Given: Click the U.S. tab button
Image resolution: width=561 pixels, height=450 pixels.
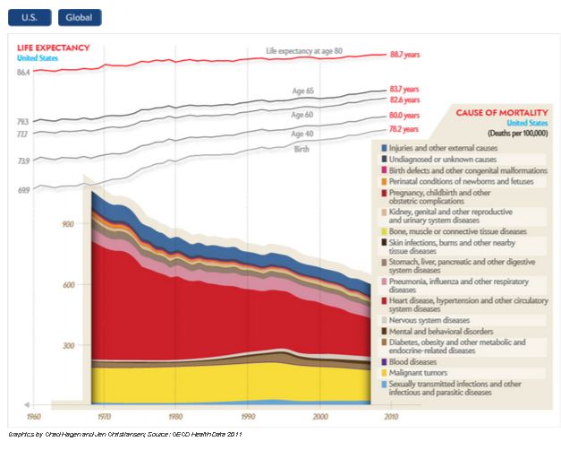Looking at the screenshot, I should (x=30, y=17).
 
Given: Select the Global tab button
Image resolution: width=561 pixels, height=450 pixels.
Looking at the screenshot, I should (x=79, y=17).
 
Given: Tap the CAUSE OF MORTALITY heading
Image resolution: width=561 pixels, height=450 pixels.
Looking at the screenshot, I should (x=501, y=113).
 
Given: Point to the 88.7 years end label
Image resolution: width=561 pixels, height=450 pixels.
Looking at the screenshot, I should (x=404, y=56).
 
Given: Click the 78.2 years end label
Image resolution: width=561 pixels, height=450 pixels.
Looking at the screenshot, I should (x=404, y=129).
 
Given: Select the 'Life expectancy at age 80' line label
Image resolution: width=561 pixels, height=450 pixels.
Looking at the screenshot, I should (x=304, y=50).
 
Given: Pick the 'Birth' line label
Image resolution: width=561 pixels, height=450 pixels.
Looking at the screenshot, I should (x=302, y=149).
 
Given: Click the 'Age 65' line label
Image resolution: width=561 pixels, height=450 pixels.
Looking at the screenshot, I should (x=303, y=91).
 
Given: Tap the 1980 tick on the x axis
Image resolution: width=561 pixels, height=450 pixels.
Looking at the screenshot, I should (x=176, y=418).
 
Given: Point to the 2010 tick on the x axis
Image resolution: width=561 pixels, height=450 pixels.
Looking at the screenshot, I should (x=391, y=418).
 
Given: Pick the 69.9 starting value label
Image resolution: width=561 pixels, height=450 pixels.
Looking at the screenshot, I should (x=23, y=190).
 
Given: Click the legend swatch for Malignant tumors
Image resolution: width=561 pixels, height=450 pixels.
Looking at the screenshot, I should (x=384, y=372).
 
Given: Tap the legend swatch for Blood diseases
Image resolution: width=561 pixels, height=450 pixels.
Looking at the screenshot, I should (x=384, y=361).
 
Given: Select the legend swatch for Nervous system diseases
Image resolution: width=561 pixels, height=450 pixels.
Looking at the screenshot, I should (x=384, y=319).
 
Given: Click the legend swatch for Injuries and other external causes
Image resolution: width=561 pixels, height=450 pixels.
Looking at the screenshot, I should (x=384, y=146).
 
